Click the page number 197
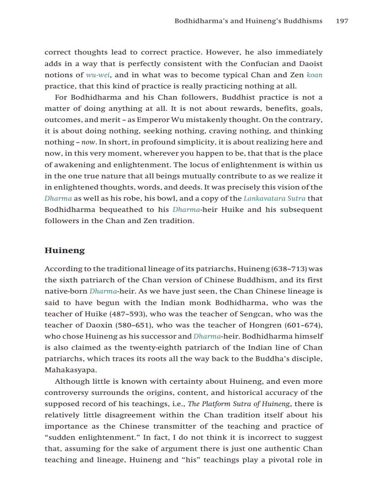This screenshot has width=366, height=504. [x=341, y=21]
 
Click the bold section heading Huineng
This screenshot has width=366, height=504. [x=65, y=250]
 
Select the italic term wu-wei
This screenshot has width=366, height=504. [x=98, y=75]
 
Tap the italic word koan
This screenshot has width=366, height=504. [x=314, y=75]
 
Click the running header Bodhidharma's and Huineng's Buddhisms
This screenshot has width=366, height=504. [x=248, y=21]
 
